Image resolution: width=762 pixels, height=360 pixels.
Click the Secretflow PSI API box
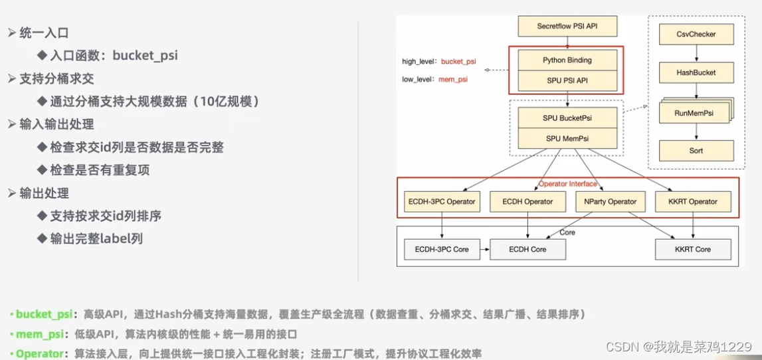point(567,27)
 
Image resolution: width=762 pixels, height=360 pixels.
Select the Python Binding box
point(567,60)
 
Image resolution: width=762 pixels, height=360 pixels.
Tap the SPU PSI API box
point(567,81)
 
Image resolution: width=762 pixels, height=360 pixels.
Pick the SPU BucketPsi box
point(567,118)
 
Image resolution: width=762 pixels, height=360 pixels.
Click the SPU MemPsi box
point(567,139)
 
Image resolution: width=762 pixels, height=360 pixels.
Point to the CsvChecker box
point(696,34)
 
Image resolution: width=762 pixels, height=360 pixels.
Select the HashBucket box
point(696,72)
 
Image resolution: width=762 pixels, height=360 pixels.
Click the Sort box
point(696,151)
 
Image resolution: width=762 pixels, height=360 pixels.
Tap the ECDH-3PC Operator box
point(440,201)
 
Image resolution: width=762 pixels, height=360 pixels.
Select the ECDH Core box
point(528,249)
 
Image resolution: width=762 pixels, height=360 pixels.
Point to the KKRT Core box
point(693,249)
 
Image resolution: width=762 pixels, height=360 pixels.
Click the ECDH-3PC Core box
point(442,249)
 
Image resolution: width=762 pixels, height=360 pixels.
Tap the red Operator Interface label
point(567,184)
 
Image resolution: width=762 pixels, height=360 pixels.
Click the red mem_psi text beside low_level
point(452,79)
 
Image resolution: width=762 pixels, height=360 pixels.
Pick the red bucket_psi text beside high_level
point(458,61)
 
